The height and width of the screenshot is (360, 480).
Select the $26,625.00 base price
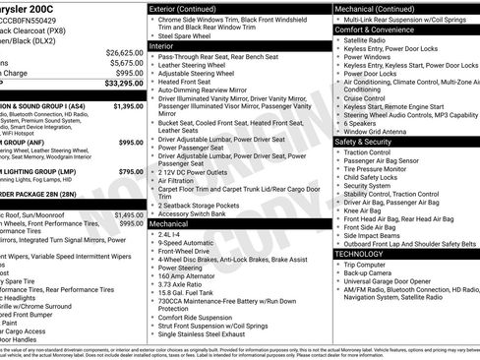(x=123, y=52)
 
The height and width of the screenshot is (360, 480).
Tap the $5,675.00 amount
(x=125, y=62)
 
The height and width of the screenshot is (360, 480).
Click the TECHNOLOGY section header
(x=359, y=254)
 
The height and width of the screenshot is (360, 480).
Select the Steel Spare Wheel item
(x=187, y=36)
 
